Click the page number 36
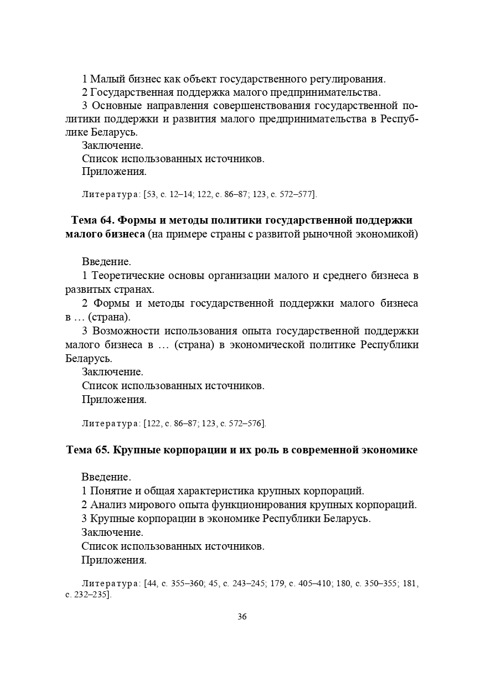pyautogui.click(x=242, y=617)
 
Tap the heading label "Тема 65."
pyautogui.click(x=87, y=450)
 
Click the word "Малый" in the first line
pyautogui.click(x=105, y=78)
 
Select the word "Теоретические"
pyautogui.click(x=127, y=276)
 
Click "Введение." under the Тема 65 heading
pyautogui.click(x=106, y=477)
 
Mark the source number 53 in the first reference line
pyautogui.click(x=151, y=194)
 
